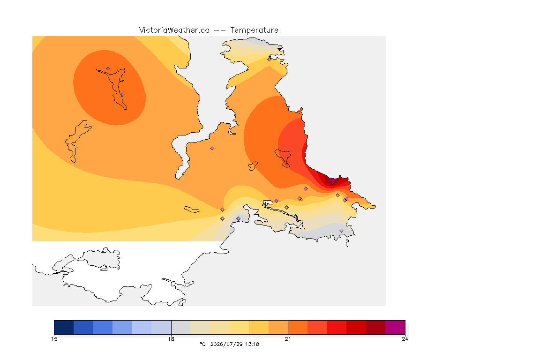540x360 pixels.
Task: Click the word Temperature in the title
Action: coord(254,30)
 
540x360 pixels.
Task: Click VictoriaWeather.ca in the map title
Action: coord(174,30)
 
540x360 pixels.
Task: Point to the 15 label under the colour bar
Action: coord(54,339)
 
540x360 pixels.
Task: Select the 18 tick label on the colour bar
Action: coord(171,339)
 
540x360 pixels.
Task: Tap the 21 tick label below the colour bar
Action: coord(288,339)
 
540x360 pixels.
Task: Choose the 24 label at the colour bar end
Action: coord(405,339)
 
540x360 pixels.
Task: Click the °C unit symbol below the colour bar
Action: coord(203,344)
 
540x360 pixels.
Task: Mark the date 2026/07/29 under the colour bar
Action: coord(226,344)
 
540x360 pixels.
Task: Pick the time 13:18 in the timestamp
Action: coord(253,344)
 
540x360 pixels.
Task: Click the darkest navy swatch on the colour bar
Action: coord(64,327)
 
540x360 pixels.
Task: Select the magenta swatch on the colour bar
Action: coord(395,327)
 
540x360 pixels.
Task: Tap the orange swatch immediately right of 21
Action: coord(298,327)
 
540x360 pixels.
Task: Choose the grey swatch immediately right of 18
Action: coord(181,327)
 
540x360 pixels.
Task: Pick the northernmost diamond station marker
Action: coord(270,59)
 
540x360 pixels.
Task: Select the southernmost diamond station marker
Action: coord(341,231)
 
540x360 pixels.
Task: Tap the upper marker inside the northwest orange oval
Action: coord(108,69)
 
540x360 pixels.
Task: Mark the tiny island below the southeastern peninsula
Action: coord(347,243)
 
